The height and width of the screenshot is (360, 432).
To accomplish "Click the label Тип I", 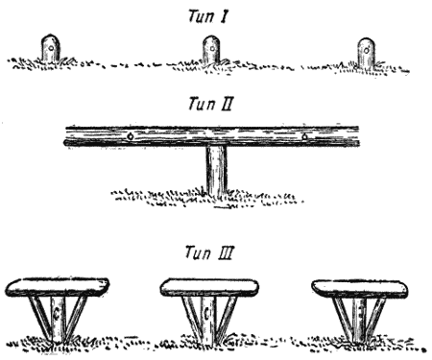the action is [x=208, y=16].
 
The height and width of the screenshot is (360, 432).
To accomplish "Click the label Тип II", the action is [x=210, y=104].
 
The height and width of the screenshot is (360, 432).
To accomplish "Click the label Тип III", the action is [x=209, y=252].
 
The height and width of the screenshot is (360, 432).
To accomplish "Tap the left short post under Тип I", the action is [x=50, y=48].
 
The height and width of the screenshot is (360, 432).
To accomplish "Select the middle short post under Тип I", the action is [x=211, y=50].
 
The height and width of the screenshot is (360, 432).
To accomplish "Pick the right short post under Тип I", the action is [x=366, y=53].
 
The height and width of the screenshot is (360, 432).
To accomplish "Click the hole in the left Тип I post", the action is [x=51, y=48].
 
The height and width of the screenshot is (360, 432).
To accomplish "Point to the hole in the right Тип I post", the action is [x=367, y=51].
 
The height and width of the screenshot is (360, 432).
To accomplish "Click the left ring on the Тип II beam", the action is [x=130, y=136].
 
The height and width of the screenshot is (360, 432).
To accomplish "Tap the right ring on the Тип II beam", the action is [x=304, y=136].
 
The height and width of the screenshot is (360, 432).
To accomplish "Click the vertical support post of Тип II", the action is [x=217, y=170].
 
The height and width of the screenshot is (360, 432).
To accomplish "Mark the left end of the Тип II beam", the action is [x=65, y=136].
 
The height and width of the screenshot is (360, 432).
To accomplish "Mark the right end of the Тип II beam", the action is [x=358, y=136].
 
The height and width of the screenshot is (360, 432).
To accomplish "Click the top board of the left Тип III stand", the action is [x=58, y=287].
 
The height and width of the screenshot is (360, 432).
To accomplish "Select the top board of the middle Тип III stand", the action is [x=209, y=287].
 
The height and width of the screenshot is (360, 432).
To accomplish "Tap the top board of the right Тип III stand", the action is [x=360, y=289].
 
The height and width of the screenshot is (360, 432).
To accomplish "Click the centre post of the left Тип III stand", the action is [x=58, y=320].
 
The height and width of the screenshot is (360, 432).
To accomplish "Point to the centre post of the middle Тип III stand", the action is [x=208, y=319].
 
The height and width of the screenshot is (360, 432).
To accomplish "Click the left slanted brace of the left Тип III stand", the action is [x=40, y=318].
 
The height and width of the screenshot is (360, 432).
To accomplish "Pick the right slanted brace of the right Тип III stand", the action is [x=376, y=319].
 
